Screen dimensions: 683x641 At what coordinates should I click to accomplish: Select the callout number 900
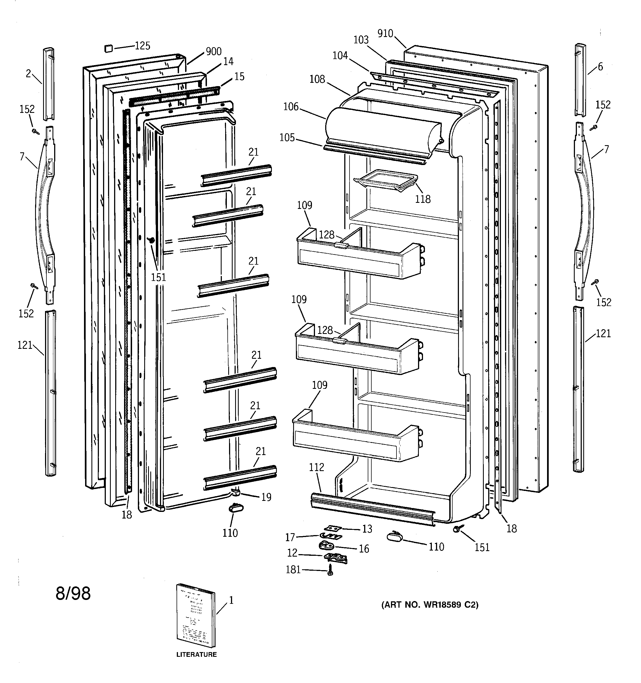click(x=213, y=52)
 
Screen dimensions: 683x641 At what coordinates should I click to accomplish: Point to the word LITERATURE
click(x=196, y=655)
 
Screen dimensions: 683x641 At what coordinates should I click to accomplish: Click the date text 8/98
click(x=73, y=593)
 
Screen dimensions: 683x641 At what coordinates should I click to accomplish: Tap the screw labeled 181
click(x=330, y=570)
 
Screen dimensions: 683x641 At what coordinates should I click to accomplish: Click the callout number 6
click(x=600, y=67)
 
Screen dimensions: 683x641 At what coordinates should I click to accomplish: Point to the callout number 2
click(x=28, y=73)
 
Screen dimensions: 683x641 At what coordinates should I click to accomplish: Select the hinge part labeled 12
click(x=335, y=558)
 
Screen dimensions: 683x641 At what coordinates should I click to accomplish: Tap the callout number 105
click(x=287, y=138)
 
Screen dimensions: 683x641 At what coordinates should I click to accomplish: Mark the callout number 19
click(x=266, y=497)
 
